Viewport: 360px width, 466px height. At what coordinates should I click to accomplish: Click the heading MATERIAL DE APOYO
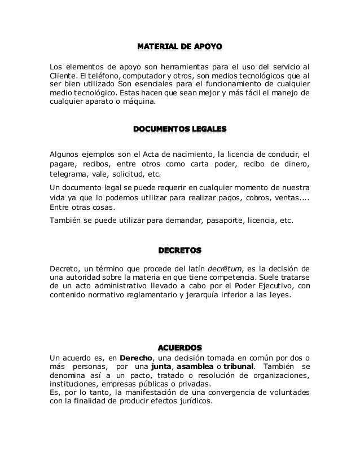[179, 45]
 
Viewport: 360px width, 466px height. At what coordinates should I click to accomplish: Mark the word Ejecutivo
[270, 285]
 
